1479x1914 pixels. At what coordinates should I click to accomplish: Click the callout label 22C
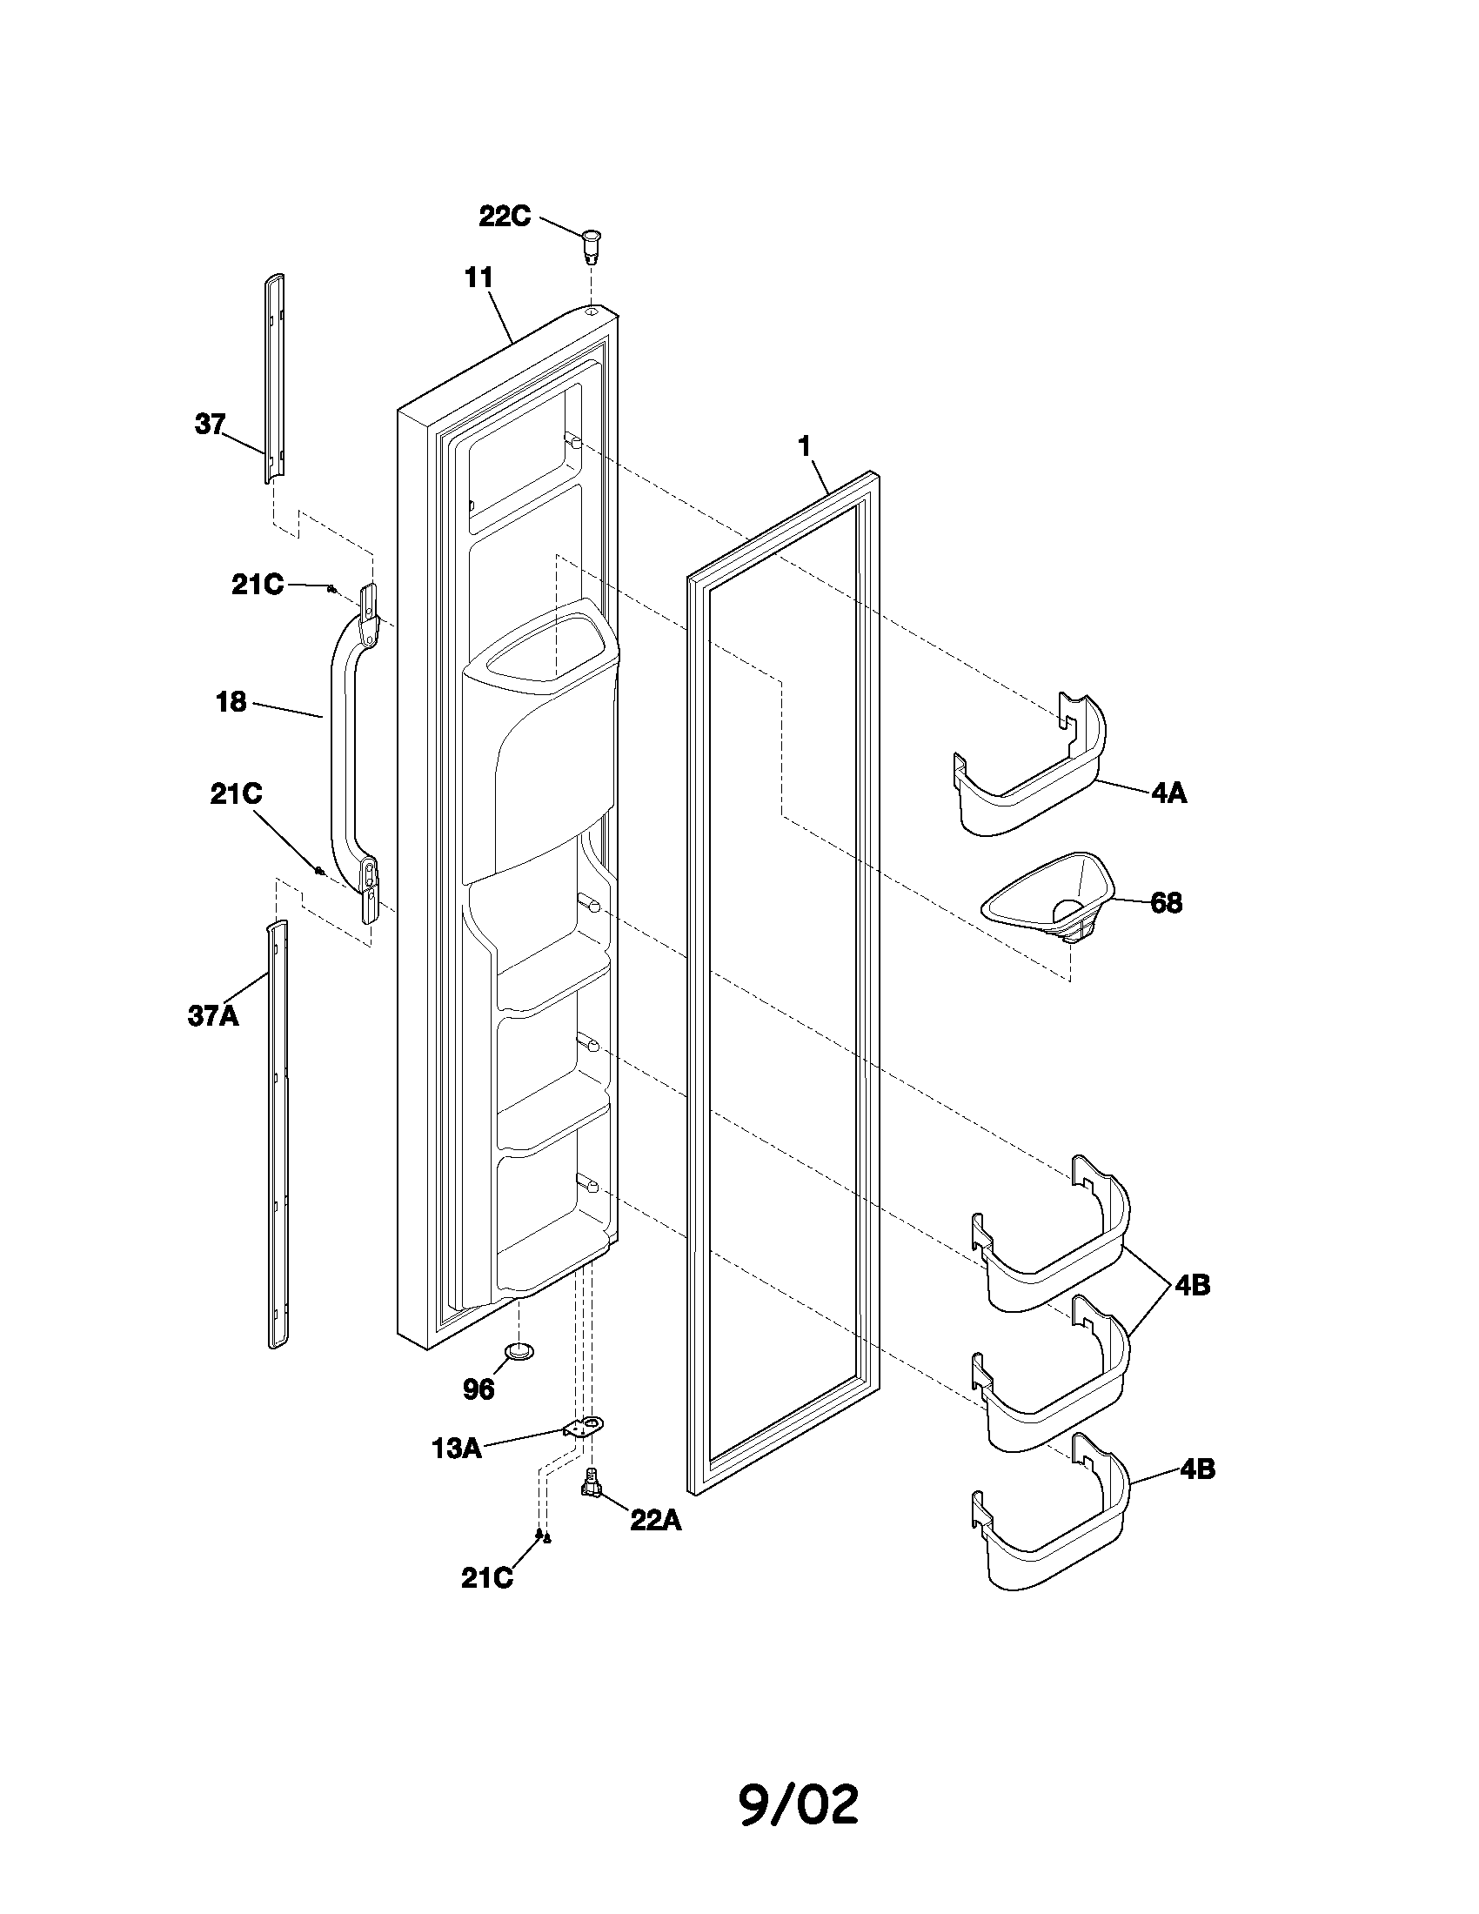click(505, 216)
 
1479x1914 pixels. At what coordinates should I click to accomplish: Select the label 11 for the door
click(478, 278)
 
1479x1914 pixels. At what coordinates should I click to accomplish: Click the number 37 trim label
click(210, 425)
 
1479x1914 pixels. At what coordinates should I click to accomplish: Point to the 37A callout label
click(213, 1015)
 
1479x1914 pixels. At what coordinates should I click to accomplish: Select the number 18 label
click(231, 702)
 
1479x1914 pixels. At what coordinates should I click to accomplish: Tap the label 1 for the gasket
click(805, 446)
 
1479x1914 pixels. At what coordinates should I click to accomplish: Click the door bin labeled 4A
click(1029, 771)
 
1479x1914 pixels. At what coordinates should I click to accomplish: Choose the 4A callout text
click(1168, 793)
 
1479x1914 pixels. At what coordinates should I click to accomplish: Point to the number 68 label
click(1165, 903)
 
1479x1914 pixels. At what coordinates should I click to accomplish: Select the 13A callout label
click(457, 1449)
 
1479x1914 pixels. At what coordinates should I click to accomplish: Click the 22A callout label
click(655, 1521)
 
